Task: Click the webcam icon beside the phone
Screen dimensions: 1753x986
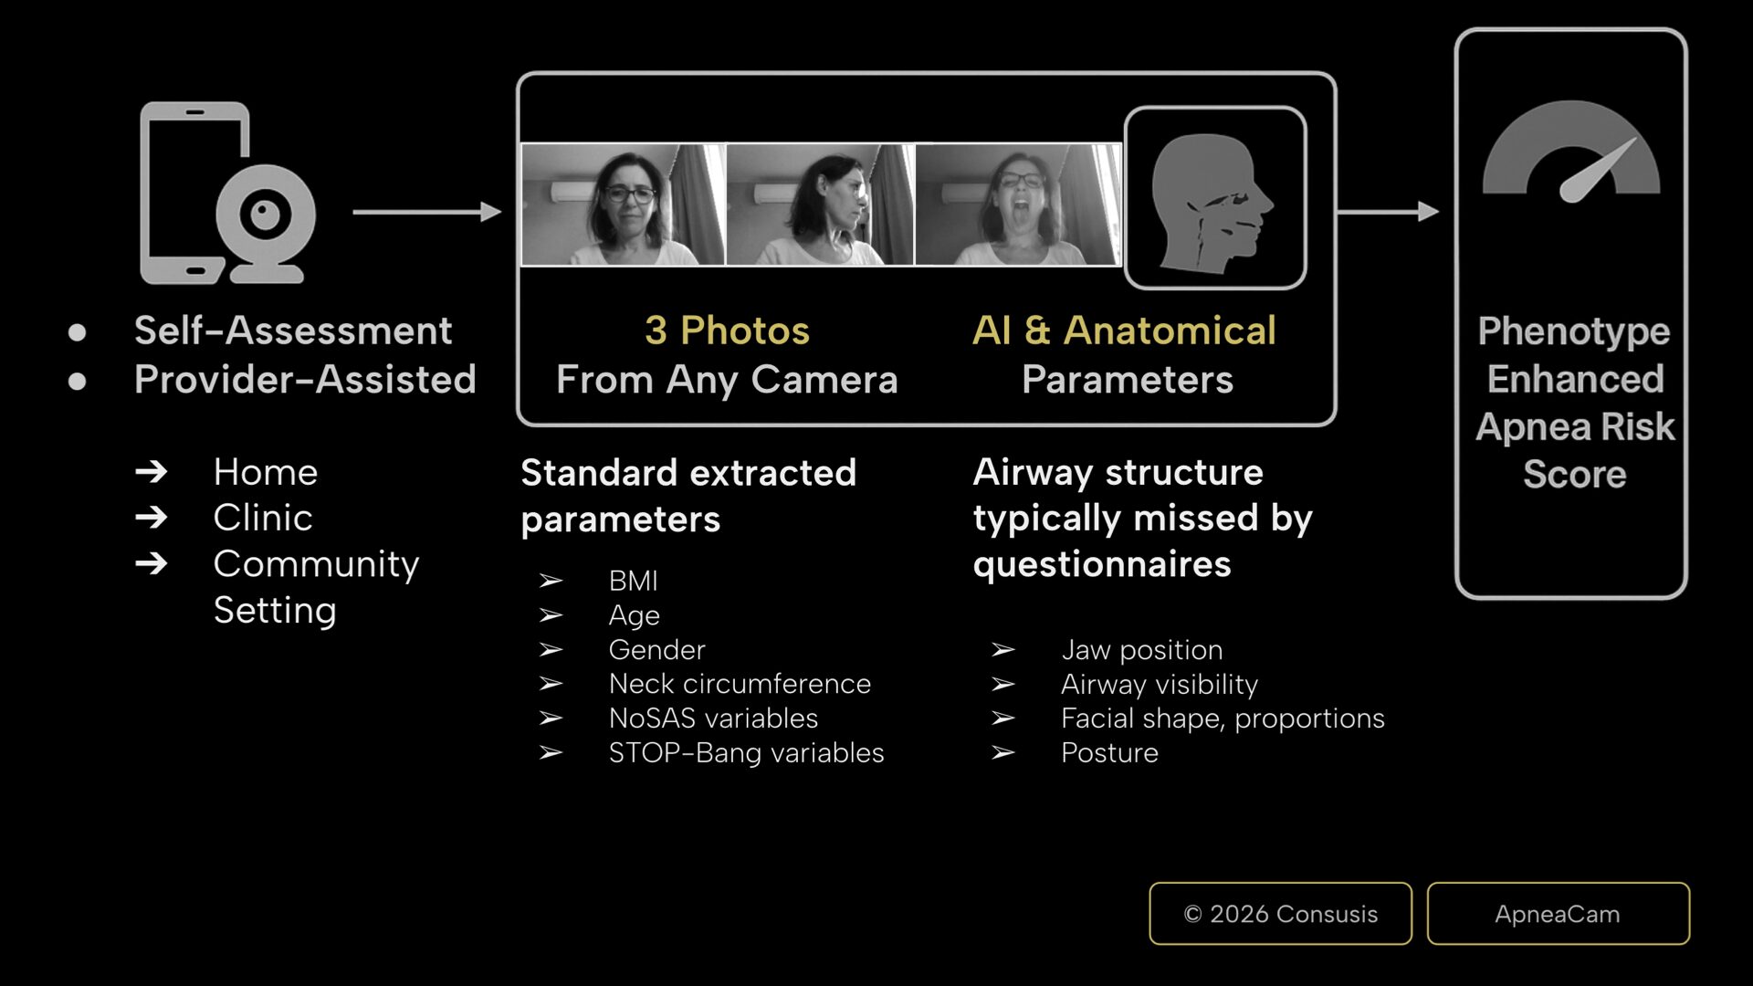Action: pos(266,224)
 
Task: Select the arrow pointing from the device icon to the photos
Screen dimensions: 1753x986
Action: pos(427,212)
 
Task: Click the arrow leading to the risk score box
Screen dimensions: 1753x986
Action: pos(1389,212)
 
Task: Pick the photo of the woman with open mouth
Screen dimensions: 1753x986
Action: pos(1018,205)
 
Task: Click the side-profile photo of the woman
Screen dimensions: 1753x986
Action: pos(820,205)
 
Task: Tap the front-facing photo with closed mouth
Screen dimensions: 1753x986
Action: pos(624,205)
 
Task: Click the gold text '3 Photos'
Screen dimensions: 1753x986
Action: pos(727,330)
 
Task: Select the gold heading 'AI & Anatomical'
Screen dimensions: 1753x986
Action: pos(1124,330)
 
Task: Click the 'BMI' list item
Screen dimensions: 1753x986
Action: pos(634,581)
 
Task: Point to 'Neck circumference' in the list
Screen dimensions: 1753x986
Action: pos(740,684)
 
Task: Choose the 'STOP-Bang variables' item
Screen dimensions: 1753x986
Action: pos(746,753)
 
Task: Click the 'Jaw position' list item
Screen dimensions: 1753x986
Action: pos(1141,650)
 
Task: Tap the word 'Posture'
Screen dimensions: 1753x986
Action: pos(1109,753)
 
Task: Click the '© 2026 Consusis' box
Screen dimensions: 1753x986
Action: pos(1280,913)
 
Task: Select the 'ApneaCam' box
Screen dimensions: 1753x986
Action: pos(1558,913)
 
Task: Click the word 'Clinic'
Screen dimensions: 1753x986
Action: pos(263,518)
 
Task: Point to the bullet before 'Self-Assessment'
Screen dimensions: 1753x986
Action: pos(77,332)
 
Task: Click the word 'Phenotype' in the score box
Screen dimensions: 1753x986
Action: pos(1574,332)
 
